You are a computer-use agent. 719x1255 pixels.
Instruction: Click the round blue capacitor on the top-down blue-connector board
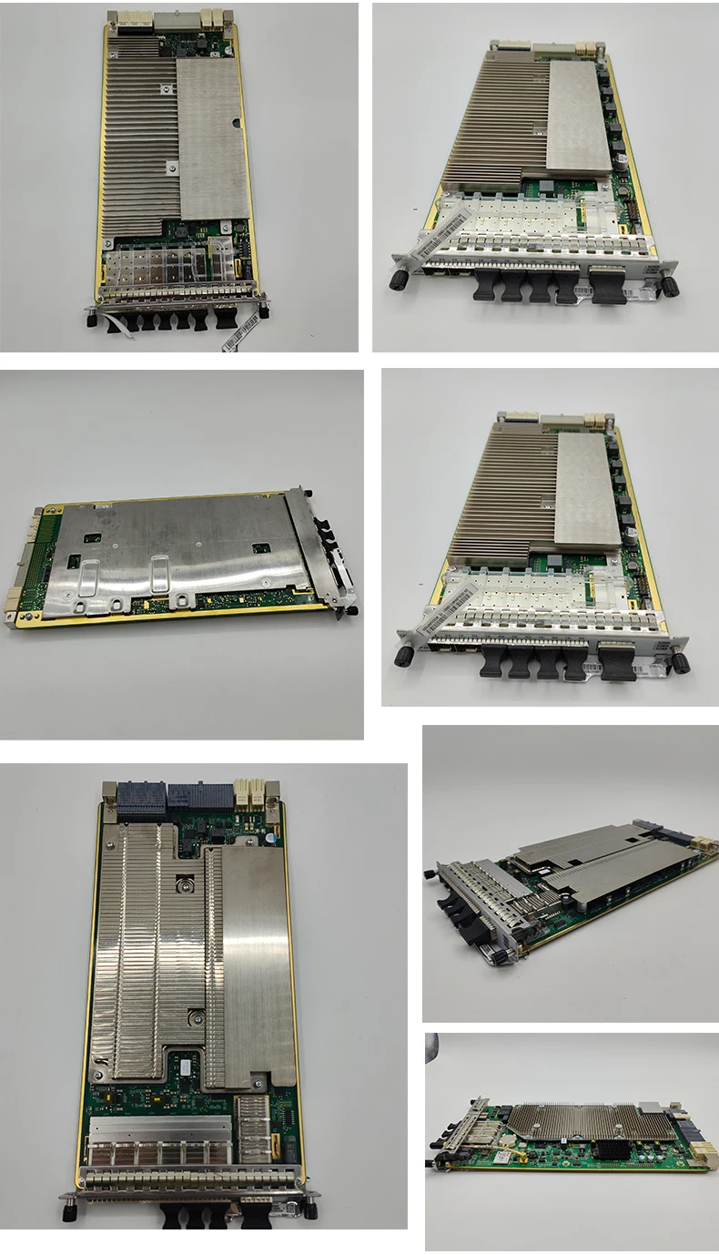coord(270,832)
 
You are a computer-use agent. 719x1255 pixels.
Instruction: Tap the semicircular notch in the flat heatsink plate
coord(237,121)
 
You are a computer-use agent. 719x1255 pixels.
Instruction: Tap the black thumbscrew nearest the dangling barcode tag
coord(264,311)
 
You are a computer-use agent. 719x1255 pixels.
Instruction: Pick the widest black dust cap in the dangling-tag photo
coord(224,320)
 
